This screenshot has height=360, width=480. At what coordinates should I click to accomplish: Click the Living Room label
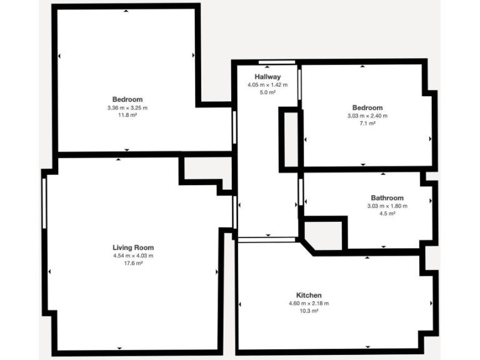click(x=133, y=247)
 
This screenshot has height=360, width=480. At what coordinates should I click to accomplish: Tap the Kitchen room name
click(x=309, y=295)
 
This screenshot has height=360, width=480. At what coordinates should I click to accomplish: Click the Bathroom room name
click(x=387, y=198)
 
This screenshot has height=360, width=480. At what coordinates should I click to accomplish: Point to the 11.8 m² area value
click(x=127, y=116)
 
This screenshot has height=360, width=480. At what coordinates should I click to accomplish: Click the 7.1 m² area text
click(x=367, y=124)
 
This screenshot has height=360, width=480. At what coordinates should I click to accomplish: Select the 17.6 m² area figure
click(x=133, y=263)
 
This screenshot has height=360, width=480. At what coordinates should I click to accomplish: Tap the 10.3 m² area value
click(x=309, y=311)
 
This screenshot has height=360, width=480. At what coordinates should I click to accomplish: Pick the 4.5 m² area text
click(x=387, y=214)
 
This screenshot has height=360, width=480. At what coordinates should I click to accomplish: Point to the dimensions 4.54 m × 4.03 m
click(x=133, y=256)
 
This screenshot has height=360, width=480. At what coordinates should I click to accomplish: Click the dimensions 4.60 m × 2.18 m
click(x=309, y=303)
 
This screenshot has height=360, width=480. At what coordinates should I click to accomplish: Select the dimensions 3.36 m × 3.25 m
click(x=127, y=107)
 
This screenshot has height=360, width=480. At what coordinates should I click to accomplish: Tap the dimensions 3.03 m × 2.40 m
click(x=367, y=116)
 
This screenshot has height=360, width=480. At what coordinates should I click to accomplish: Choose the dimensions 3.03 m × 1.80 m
click(x=387, y=206)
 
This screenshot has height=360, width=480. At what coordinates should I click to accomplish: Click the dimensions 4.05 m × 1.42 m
click(x=267, y=85)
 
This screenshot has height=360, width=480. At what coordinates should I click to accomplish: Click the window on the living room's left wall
click(x=44, y=204)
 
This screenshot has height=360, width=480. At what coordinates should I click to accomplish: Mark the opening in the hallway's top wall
click(x=277, y=61)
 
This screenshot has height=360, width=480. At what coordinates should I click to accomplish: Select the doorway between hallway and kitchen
click(x=267, y=239)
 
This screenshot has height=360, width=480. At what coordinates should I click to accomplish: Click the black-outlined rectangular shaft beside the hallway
click(x=289, y=139)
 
